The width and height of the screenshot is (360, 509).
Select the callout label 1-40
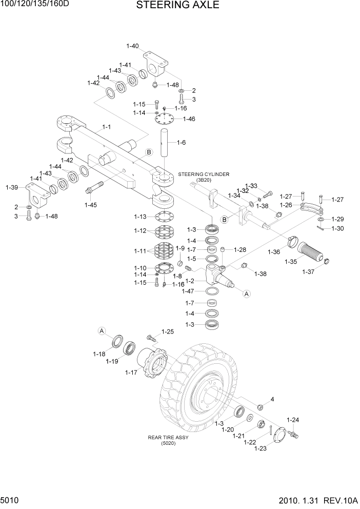coord(132,46)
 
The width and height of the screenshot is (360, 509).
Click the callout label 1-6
coord(181,142)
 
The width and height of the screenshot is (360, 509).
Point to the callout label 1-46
coord(189,119)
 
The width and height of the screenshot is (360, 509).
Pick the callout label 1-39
coord(12,187)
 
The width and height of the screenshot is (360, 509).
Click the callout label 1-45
coord(90,205)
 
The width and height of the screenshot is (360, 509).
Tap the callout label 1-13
coord(140,216)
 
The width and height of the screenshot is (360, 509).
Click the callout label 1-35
coord(292,262)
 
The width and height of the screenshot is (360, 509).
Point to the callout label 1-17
coord(131,373)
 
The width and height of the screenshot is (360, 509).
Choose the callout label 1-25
coord(168,331)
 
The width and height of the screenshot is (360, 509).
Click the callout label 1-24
coord(292,420)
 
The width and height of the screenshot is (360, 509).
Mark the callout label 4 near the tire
coord(272,399)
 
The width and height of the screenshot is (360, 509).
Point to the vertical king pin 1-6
coord(166,143)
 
